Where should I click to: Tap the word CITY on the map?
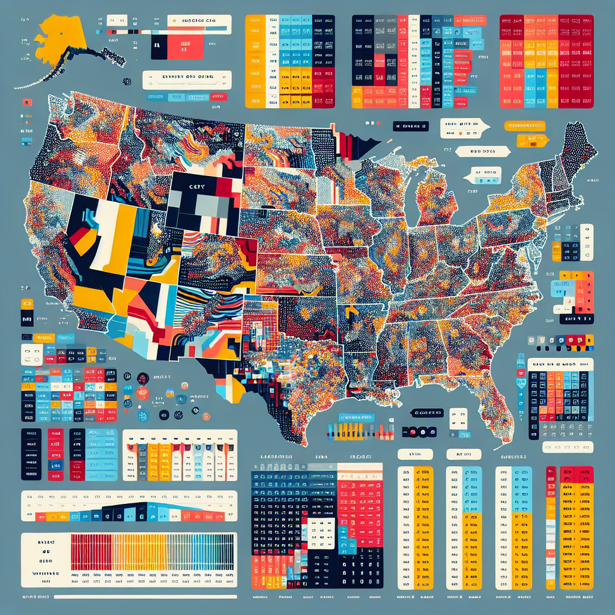click(197, 187)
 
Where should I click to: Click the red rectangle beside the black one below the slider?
click(184, 47)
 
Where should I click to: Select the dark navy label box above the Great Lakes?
click(410, 126)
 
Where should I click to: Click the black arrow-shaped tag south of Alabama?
click(427, 413)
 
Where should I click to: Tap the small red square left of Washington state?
click(26, 102)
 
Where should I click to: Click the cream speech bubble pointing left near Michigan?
click(483, 176)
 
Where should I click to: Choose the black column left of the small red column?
click(31, 453)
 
